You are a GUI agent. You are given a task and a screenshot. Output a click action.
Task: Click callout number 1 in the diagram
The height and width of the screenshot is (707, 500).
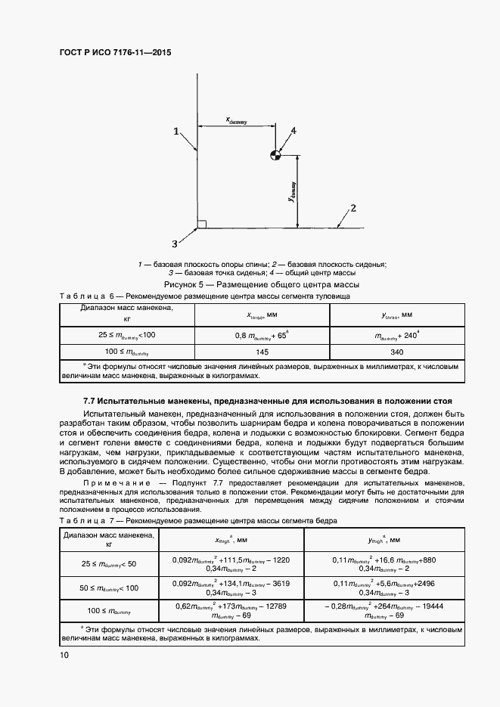[x=175, y=132]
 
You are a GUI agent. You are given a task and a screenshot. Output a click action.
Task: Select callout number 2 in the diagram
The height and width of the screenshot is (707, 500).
[x=352, y=207]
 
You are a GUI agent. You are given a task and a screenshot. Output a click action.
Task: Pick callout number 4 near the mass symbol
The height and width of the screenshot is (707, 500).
[x=293, y=132]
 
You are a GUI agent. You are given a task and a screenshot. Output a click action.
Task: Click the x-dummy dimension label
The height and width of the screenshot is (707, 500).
[x=237, y=119]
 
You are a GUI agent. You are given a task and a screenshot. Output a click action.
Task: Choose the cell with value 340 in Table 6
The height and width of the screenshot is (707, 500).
[x=396, y=352]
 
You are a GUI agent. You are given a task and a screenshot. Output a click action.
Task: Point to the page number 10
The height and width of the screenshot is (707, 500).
[x=64, y=656]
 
